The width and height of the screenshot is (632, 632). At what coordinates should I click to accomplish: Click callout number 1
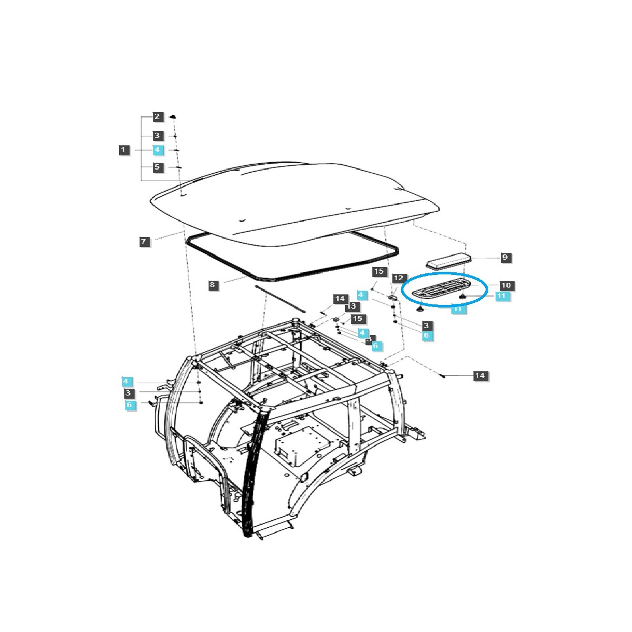tap(123, 150)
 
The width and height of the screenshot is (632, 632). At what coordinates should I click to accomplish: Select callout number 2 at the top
tap(157, 116)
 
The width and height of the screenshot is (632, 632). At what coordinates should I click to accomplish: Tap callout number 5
tap(157, 167)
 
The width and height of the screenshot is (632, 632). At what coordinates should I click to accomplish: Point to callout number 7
tap(144, 242)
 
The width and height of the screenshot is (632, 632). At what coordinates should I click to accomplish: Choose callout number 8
tap(212, 285)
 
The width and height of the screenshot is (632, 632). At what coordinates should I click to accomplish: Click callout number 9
tap(505, 258)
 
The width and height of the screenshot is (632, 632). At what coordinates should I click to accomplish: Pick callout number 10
tap(506, 285)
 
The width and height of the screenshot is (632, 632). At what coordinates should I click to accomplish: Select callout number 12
tap(399, 278)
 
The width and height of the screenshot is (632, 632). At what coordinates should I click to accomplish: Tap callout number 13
tap(351, 306)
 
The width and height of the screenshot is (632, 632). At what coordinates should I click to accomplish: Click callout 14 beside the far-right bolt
tap(479, 376)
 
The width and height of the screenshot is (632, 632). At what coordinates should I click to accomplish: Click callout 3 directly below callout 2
tap(157, 135)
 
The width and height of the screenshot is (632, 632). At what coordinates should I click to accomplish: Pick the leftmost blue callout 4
tap(126, 381)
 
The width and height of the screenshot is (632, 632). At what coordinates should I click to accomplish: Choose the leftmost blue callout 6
tap(130, 405)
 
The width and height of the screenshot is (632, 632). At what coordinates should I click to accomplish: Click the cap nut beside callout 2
tap(174, 116)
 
